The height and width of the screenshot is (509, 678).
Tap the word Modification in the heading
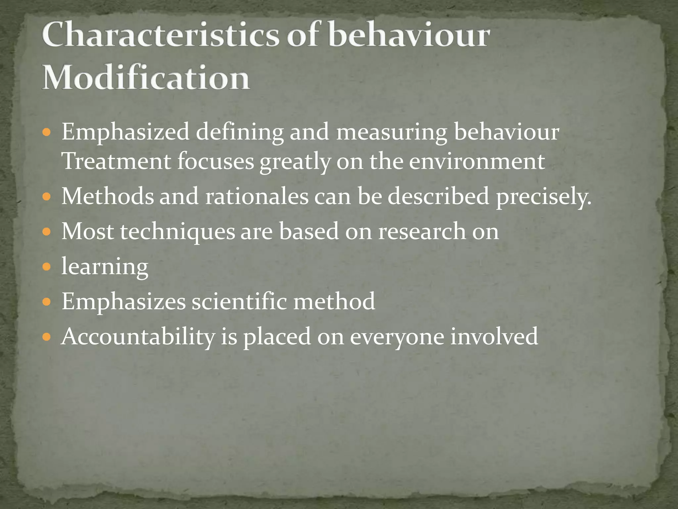point(146,78)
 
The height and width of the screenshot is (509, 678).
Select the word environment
point(477,161)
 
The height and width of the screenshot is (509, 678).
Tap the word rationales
point(257,196)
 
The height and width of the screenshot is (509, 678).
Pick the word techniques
point(177,232)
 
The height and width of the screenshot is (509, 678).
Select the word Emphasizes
point(123,302)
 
